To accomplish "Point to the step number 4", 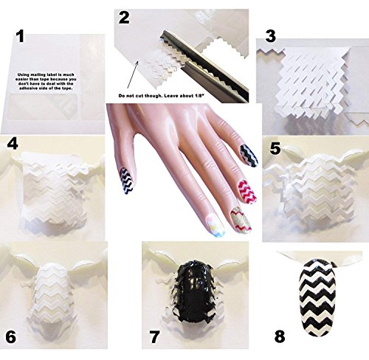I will pos(12,142).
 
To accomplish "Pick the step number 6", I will pos(11,315).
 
